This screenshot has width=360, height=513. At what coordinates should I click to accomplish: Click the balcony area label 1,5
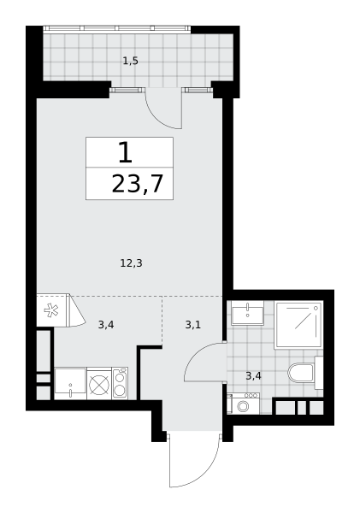coord(130,61)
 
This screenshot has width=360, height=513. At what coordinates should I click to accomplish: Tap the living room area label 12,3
coord(131,263)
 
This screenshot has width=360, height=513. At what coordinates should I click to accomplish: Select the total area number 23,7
coord(137,184)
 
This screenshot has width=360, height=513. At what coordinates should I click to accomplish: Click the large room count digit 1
coord(126,153)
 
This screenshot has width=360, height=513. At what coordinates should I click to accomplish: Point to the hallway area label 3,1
coord(193,325)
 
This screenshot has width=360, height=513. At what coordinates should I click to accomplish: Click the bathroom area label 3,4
coord(253,376)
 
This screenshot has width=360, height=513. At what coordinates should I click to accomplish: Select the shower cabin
coord(298,325)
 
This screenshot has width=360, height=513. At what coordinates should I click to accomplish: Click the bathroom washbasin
coord(247,313)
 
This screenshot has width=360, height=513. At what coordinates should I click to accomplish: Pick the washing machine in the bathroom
coord(243,404)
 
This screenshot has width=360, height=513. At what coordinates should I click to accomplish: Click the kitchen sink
coord(70,383)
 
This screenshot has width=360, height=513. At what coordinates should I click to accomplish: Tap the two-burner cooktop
coord(120,383)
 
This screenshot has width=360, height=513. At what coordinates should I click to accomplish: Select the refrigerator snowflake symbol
coord(51,310)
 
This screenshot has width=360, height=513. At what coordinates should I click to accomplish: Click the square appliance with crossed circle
coord(99,383)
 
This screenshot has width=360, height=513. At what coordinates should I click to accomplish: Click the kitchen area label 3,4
coord(106,325)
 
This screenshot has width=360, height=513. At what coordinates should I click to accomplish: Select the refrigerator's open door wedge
coord(76,311)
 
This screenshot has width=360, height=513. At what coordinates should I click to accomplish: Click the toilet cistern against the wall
coord(319,373)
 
